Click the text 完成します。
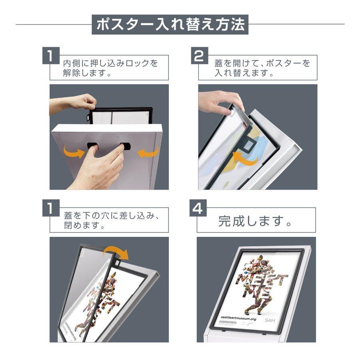(256, 220)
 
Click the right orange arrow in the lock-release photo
(148, 152)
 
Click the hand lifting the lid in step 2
(218, 102)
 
